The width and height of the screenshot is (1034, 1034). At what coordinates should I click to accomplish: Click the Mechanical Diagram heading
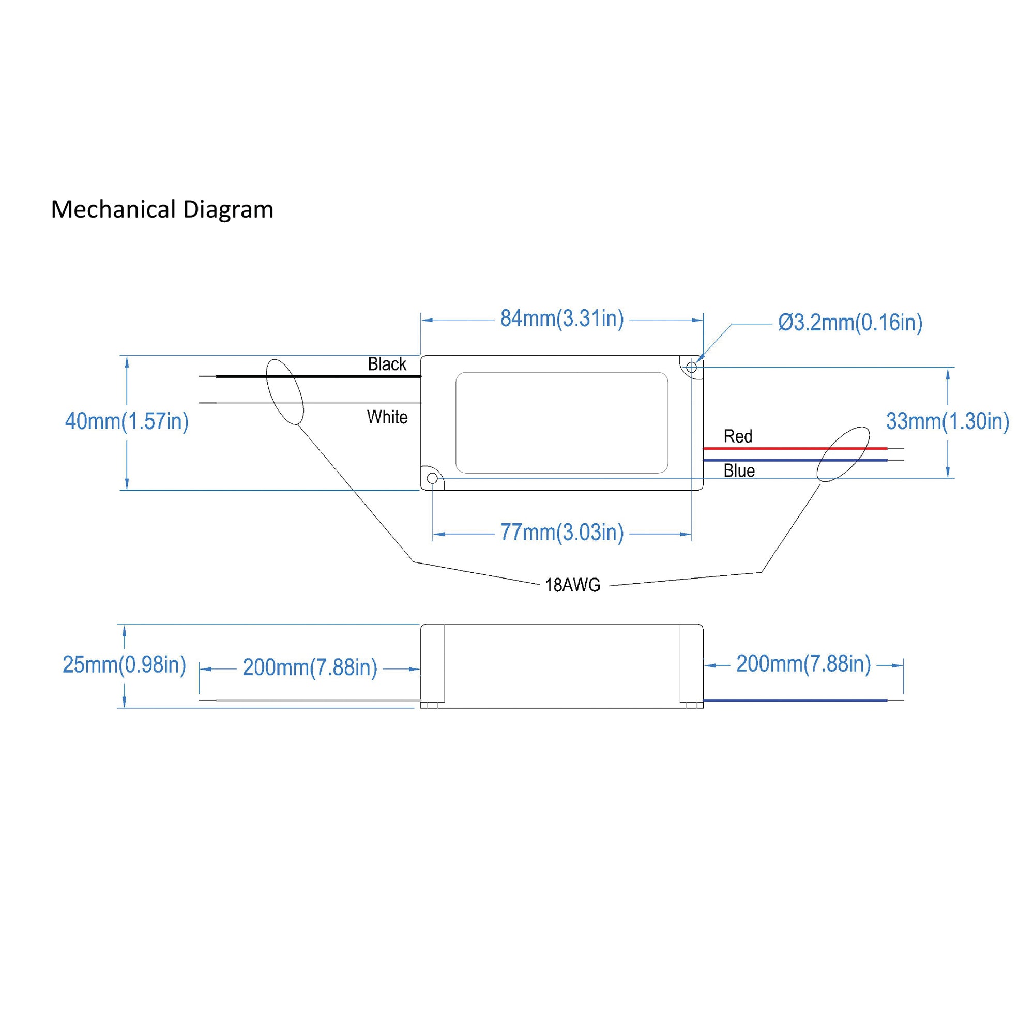pyautogui.click(x=162, y=209)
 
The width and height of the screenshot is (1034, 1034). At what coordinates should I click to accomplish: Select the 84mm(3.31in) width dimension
pyautogui.click(x=561, y=319)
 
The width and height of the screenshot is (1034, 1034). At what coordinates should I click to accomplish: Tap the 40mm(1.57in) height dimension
pyautogui.click(x=127, y=421)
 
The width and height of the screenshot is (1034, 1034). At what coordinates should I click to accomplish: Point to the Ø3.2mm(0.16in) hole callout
pyautogui.click(x=850, y=323)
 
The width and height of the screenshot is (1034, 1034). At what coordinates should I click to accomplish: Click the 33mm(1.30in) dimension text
pyautogui.click(x=947, y=421)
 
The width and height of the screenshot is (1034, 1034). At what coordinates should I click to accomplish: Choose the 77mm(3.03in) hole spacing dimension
pyautogui.click(x=561, y=533)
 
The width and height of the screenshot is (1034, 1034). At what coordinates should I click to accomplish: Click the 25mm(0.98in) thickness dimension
pyautogui.click(x=124, y=664)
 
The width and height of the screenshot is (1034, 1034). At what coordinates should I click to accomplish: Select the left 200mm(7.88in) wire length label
pyautogui.click(x=310, y=667)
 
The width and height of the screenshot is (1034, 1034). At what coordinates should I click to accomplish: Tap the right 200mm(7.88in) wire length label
pyautogui.click(x=803, y=664)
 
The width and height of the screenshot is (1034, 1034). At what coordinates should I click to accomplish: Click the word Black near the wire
pyautogui.click(x=386, y=364)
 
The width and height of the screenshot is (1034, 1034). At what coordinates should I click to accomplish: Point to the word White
pyautogui.click(x=387, y=417)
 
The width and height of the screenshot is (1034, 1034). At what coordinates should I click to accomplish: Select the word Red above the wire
pyautogui.click(x=738, y=436)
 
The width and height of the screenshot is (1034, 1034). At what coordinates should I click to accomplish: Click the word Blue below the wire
pyautogui.click(x=739, y=471)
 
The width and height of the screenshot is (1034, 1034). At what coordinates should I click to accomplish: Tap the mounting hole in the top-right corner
pyautogui.click(x=691, y=368)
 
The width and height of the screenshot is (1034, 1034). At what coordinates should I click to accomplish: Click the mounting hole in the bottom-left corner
pyautogui.click(x=432, y=478)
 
